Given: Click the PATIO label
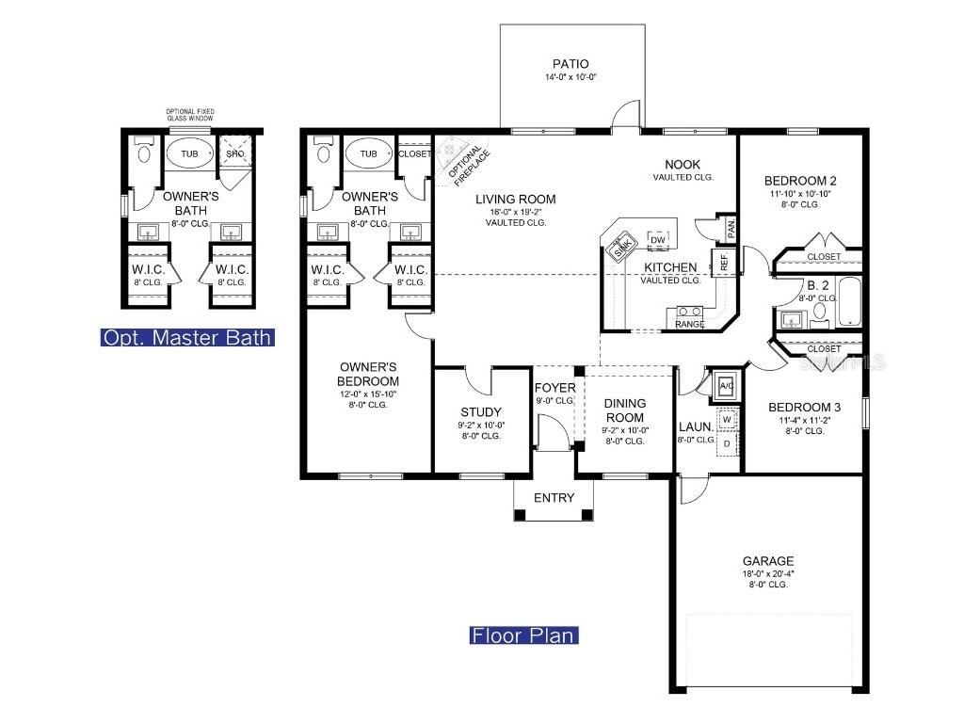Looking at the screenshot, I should pyautogui.click(x=572, y=64).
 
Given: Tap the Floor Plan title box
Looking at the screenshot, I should pyautogui.click(x=523, y=635).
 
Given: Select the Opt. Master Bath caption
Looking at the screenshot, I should pyautogui.click(x=187, y=337).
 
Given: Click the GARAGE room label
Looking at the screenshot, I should pyautogui.click(x=767, y=560).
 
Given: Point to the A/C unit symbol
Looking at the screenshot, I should pyautogui.click(x=726, y=385).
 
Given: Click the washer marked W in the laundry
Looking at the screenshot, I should pyautogui.click(x=726, y=419).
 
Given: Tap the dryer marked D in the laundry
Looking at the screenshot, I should pyautogui.click(x=726, y=442).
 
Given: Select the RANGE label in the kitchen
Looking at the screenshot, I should pyautogui.click(x=690, y=324).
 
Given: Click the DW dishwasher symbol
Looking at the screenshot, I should pyautogui.click(x=658, y=239).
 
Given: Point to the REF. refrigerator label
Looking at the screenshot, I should pyautogui.click(x=724, y=264).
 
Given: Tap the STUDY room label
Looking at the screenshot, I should pyautogui.click(x=480, y=412).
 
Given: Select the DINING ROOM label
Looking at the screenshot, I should pyautogui.click(x=624, y=410).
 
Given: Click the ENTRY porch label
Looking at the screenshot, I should pyautogui.click(x=554, y=498).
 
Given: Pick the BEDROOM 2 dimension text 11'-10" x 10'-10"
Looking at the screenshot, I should pyautogui.click(x=799, y=194).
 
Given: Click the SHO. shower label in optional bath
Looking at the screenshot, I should pyautogui.click(x=234, y=153).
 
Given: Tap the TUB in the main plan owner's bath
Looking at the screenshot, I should pyautogui.click(x=368, y=153).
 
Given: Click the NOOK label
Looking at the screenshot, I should pyautogui.click(x=682, y=165).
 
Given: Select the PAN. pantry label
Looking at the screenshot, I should pyautogui.click(x=730, y=227).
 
